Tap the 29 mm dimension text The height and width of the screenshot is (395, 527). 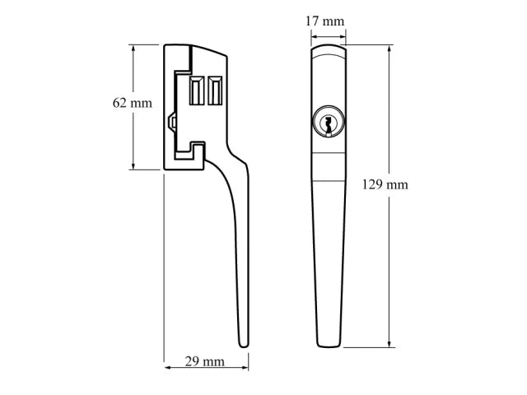pos(204,361)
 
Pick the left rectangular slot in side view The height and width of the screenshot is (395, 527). pos(198,91)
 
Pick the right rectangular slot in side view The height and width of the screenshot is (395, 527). pos(216,91)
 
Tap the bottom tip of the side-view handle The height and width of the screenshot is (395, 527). pos(243,345)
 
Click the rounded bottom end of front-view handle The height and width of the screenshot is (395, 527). pos(329,343)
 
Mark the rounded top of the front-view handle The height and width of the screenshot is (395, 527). pos(329,49)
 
